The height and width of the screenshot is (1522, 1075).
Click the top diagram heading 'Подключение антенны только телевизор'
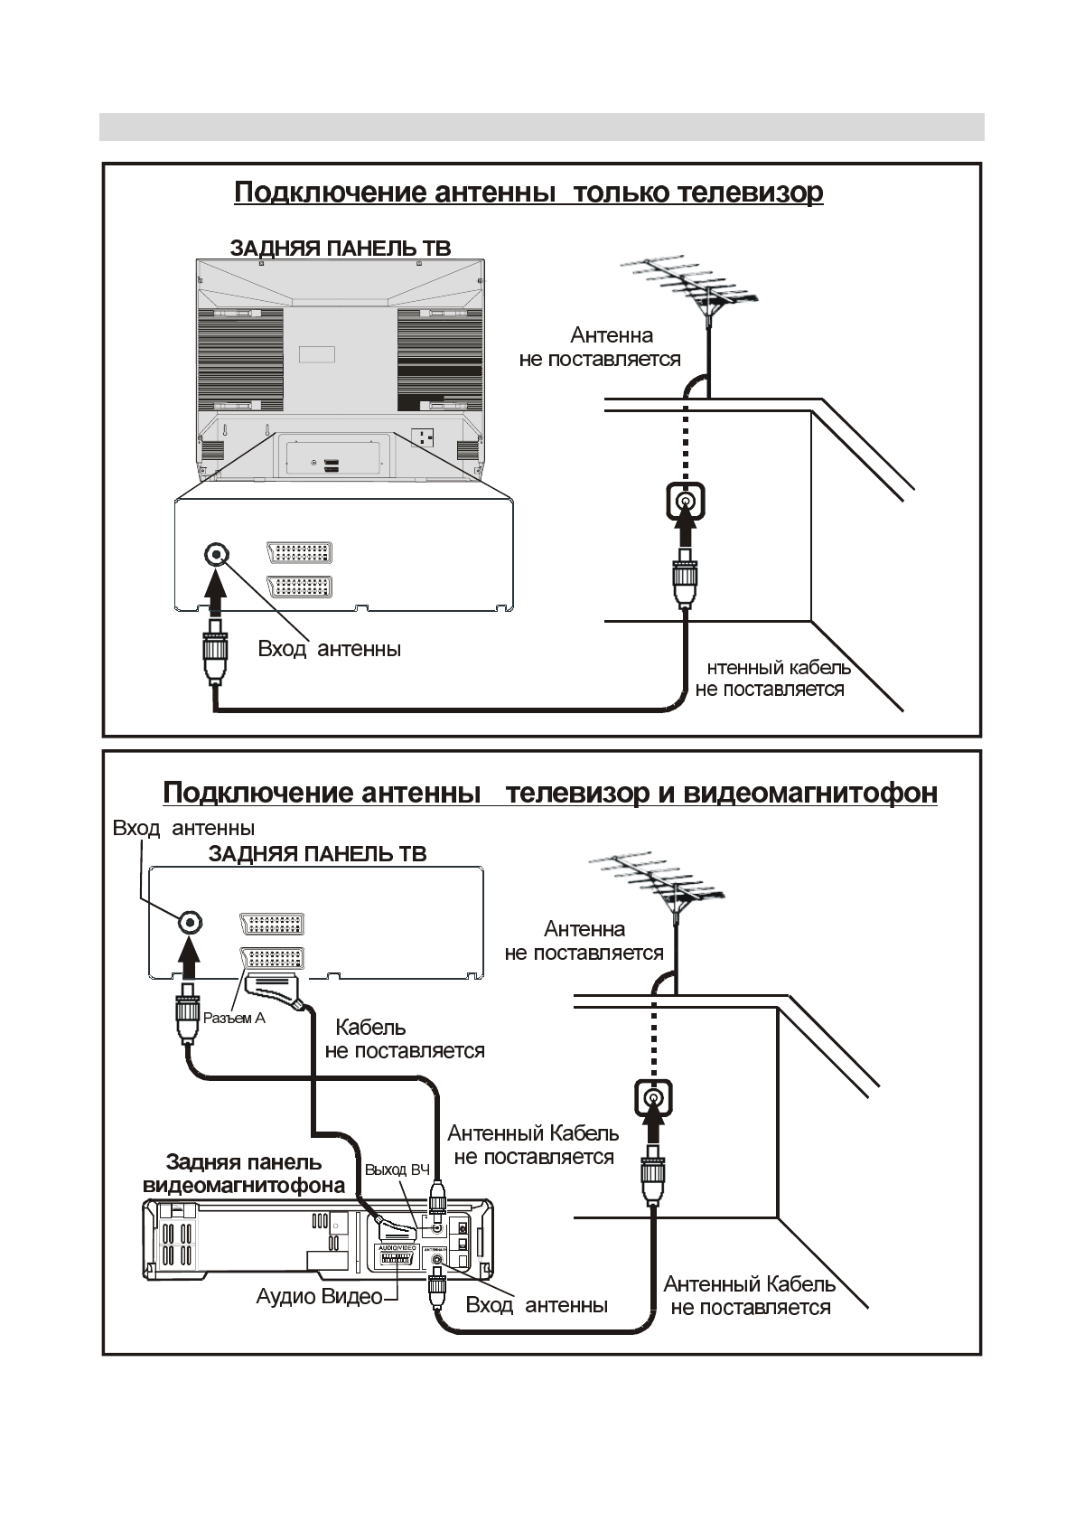coord(528,193)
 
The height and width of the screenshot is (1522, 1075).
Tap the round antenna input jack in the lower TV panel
coord(189,922)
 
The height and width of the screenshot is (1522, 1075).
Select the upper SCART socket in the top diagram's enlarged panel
coord(300,553)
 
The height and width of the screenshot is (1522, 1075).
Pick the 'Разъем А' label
coord(234,1019)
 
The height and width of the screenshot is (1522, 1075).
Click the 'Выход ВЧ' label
coord(397,1170)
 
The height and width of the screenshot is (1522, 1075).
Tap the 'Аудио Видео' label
coord(319,1297)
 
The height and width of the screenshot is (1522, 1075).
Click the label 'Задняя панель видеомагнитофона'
coord(244,1174)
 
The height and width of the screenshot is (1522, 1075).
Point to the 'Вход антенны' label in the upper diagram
coord(329,649)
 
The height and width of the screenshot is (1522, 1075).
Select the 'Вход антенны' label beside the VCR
coord(536,1305)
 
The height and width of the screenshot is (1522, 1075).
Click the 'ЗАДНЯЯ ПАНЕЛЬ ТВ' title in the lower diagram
coord(317,854)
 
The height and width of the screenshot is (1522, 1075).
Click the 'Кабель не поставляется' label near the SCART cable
coord(404,1039)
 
